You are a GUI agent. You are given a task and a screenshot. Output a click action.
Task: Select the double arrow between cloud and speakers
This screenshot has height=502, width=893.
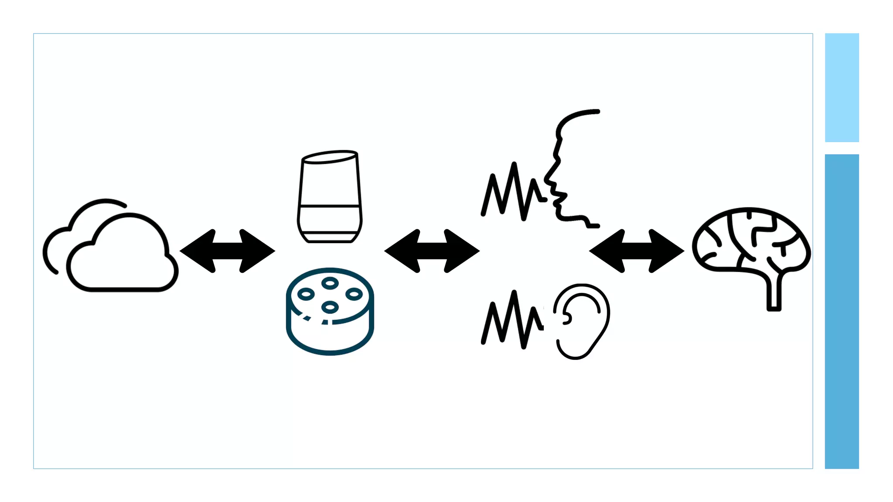[227, 251]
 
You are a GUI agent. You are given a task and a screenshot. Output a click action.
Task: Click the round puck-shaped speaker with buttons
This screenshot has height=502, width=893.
[330, 312]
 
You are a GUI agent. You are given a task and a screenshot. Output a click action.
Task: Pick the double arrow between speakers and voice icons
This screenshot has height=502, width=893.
[432, 251]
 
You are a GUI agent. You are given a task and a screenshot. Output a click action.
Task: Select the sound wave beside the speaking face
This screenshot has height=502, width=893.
[512, 192]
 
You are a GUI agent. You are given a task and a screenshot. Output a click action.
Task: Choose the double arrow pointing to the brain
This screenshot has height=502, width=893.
[636, 251]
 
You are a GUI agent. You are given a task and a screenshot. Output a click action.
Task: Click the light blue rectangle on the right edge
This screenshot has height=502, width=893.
[842, 88]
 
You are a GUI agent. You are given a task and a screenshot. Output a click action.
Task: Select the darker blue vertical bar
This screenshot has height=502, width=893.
[842, 311]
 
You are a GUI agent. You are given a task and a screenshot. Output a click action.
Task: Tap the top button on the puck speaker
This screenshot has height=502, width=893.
[330, 284]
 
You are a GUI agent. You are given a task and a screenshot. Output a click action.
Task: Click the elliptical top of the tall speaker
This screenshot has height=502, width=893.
[330, 157]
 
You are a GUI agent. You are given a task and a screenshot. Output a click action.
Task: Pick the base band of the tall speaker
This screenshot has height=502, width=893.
[330, 237]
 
